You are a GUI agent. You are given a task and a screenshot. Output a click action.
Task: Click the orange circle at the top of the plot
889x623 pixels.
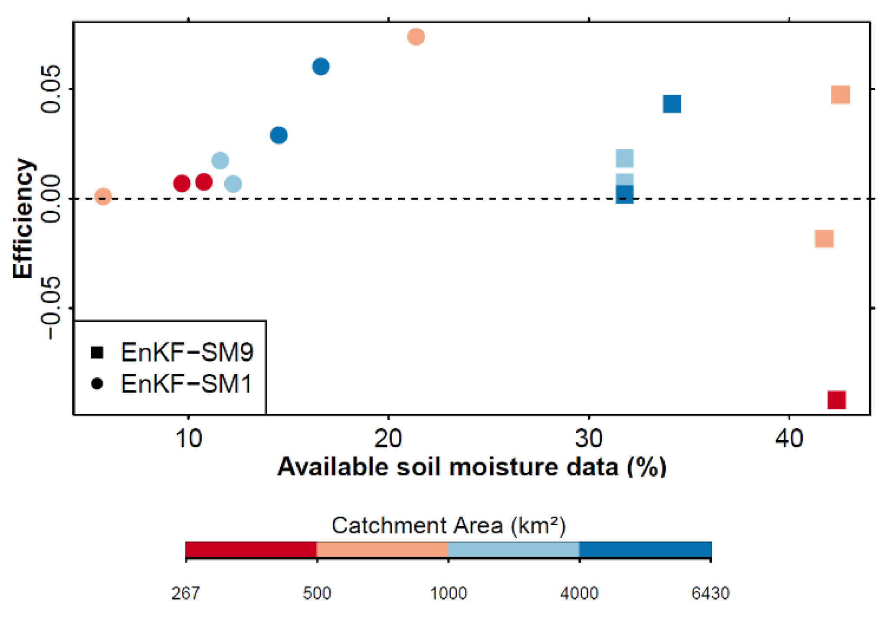(416, 37)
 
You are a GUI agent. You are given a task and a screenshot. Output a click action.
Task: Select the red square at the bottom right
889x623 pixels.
(837, 400)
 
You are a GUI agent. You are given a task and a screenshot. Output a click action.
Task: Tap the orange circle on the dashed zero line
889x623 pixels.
(103, 197)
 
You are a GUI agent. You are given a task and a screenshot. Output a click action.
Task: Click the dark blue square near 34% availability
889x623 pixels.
(672, 104)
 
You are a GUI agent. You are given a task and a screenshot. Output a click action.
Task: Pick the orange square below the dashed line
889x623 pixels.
(824, 239)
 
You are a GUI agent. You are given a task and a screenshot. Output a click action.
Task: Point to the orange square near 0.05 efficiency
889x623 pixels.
(840, 95)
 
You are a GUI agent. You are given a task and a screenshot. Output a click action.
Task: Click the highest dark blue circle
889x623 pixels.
(321, 67)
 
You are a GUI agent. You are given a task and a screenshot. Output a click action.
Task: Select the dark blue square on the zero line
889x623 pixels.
(624, 195)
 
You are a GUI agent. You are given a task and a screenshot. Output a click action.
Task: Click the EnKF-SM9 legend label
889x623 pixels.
(187, 352)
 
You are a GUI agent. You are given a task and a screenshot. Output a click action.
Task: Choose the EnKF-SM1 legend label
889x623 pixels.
(187, 384)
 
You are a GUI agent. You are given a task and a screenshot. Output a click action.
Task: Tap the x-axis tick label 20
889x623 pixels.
(388, 439)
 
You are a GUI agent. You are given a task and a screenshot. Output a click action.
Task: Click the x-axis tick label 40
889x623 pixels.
(788, 439)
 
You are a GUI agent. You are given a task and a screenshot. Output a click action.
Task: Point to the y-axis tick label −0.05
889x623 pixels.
(51, 307)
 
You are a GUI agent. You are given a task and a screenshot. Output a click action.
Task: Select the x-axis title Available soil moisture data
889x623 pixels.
(472, 468)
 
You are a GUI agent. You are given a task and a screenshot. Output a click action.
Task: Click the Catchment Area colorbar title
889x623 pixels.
(449, 526)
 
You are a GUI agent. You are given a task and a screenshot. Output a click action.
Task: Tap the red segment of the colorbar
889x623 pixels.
(251, 550)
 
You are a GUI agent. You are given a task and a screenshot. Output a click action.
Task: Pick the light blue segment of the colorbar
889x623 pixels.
(513, 550)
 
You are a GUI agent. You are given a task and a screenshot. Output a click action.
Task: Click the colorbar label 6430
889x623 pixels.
(710, 593)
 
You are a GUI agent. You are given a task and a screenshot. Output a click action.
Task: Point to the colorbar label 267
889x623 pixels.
(186, 593)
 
